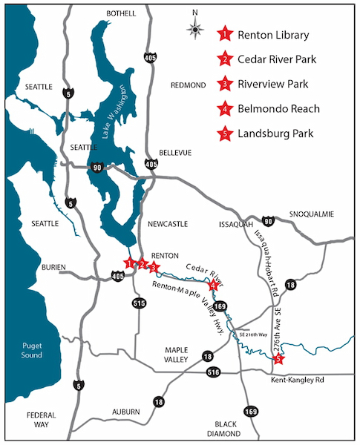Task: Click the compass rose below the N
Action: click(x=197, y=30)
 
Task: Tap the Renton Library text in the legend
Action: click(x=273, y=34)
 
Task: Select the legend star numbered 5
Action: click(x=223, y=134)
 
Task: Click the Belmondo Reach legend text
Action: click(x=279, y=109)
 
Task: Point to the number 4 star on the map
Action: click(x=213, y=285)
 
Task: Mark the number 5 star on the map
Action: click(x=278, y=360)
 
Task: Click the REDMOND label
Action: click(x=187, y=85)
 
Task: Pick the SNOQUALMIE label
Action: click(x=312, y=214)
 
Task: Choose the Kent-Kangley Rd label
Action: click(x=298, y=380)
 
